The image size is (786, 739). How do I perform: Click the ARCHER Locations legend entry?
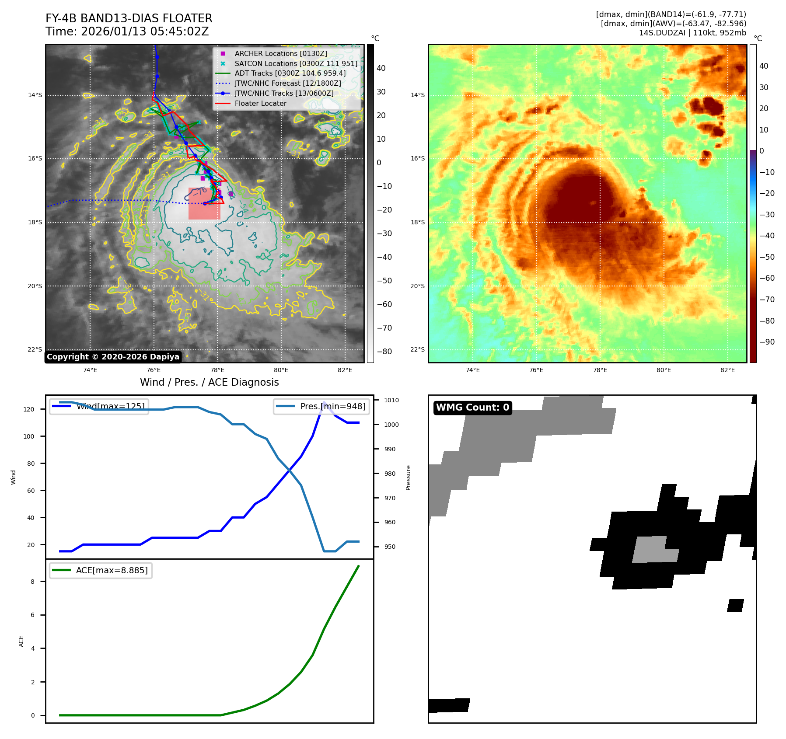(280, 53)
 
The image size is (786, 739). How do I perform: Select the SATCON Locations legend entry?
(296, 63)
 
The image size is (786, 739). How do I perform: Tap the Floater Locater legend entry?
(260, 103)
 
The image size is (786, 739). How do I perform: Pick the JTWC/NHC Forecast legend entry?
(287, 83)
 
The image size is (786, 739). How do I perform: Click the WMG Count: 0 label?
(472, 408)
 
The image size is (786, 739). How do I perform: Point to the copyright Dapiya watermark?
(113, 357)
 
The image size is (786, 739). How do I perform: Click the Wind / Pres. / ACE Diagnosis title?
(209, 382)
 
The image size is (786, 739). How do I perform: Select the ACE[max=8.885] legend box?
(101, 570)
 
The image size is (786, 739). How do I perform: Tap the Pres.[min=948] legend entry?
(321, 406)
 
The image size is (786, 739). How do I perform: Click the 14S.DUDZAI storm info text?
(692, 33)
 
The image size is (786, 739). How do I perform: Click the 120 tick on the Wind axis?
(29, 409)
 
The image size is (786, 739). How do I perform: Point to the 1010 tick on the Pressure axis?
(391, 400)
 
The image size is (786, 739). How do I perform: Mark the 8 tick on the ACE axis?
(32, 582)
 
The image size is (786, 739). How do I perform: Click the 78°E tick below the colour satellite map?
(600, 370)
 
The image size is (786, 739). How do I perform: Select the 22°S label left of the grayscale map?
(35, 349)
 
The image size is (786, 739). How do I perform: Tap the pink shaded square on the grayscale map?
(204, 203)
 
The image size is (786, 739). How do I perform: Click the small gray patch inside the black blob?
(653, 550)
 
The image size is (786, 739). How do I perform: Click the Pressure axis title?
(408, 478)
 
